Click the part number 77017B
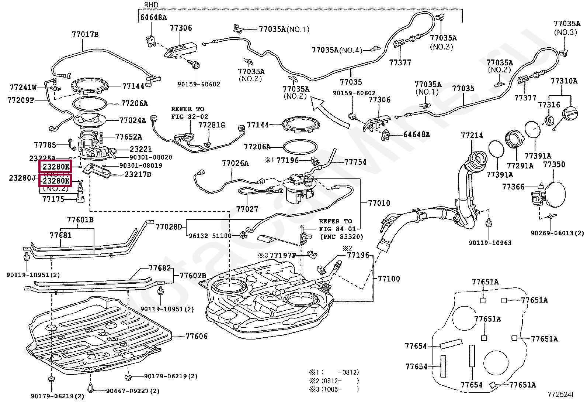click(85, 35)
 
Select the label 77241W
click(23, 88)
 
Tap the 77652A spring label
click(128, 137)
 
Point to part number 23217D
click(138, 174)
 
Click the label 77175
click(53, 199)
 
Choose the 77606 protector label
click(197, 336)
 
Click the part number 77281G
click(212, 125)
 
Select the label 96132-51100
click(210, 236)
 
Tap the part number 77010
click(379, 203)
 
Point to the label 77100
click(389, 279)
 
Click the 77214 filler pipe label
click(472, 136)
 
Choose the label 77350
click(554, 164)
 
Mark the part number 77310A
click(564, 81)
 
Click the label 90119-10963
click(490, 243)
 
